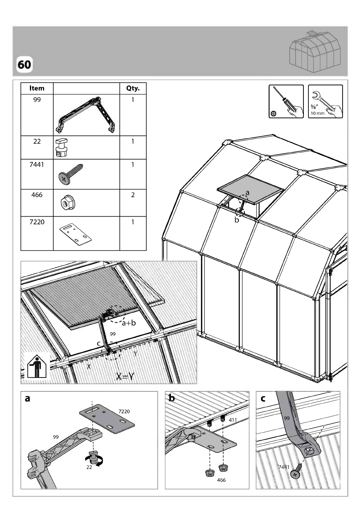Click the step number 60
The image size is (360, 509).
[24, 65]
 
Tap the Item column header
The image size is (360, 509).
[37, 88]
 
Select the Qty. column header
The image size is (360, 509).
[133, 88]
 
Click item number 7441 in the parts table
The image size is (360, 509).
[37, 165]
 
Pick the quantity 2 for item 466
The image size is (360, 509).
[133, 195]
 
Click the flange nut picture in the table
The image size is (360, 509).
[68, 202]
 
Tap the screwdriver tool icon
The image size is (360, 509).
[286, 101]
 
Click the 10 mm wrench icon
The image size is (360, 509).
[326, 101]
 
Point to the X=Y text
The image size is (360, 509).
[125, 376]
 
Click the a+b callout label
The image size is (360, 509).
[129, 323]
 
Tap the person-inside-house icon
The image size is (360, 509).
[37, 366]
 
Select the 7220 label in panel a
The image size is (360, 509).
[124, 411]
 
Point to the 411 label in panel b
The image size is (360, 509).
[233, 420]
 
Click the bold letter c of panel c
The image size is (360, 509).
[263, 398]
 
